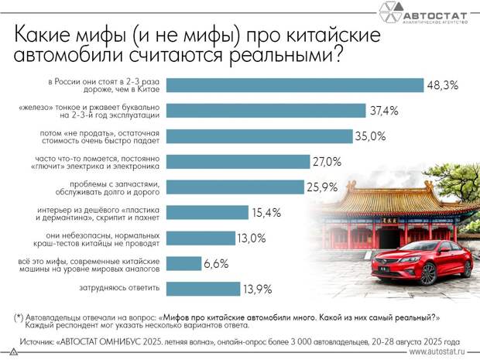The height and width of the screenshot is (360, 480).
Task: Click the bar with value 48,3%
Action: click(x=294, y=85)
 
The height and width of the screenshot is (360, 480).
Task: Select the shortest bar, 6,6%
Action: click(x=183, y=263)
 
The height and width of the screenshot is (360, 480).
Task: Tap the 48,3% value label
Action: click(x=442, y=85)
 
